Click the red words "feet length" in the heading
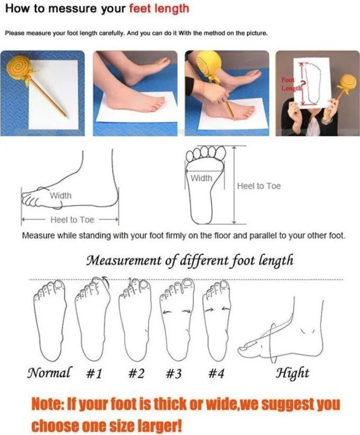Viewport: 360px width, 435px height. coord(159,9)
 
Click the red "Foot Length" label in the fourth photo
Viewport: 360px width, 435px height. coord(292,84)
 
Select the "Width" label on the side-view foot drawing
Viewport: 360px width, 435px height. coord(61,195)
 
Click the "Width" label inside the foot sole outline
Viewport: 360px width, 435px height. coord(201,178)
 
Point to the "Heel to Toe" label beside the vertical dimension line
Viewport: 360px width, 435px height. coord(258,186)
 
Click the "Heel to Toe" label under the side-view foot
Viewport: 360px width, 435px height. coord(72,220)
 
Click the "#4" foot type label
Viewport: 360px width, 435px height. coord(217,373)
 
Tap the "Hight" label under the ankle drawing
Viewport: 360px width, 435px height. coord(292,373)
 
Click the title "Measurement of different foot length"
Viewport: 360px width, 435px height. coord(190,261)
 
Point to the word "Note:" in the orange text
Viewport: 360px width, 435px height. coord(51,404)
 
